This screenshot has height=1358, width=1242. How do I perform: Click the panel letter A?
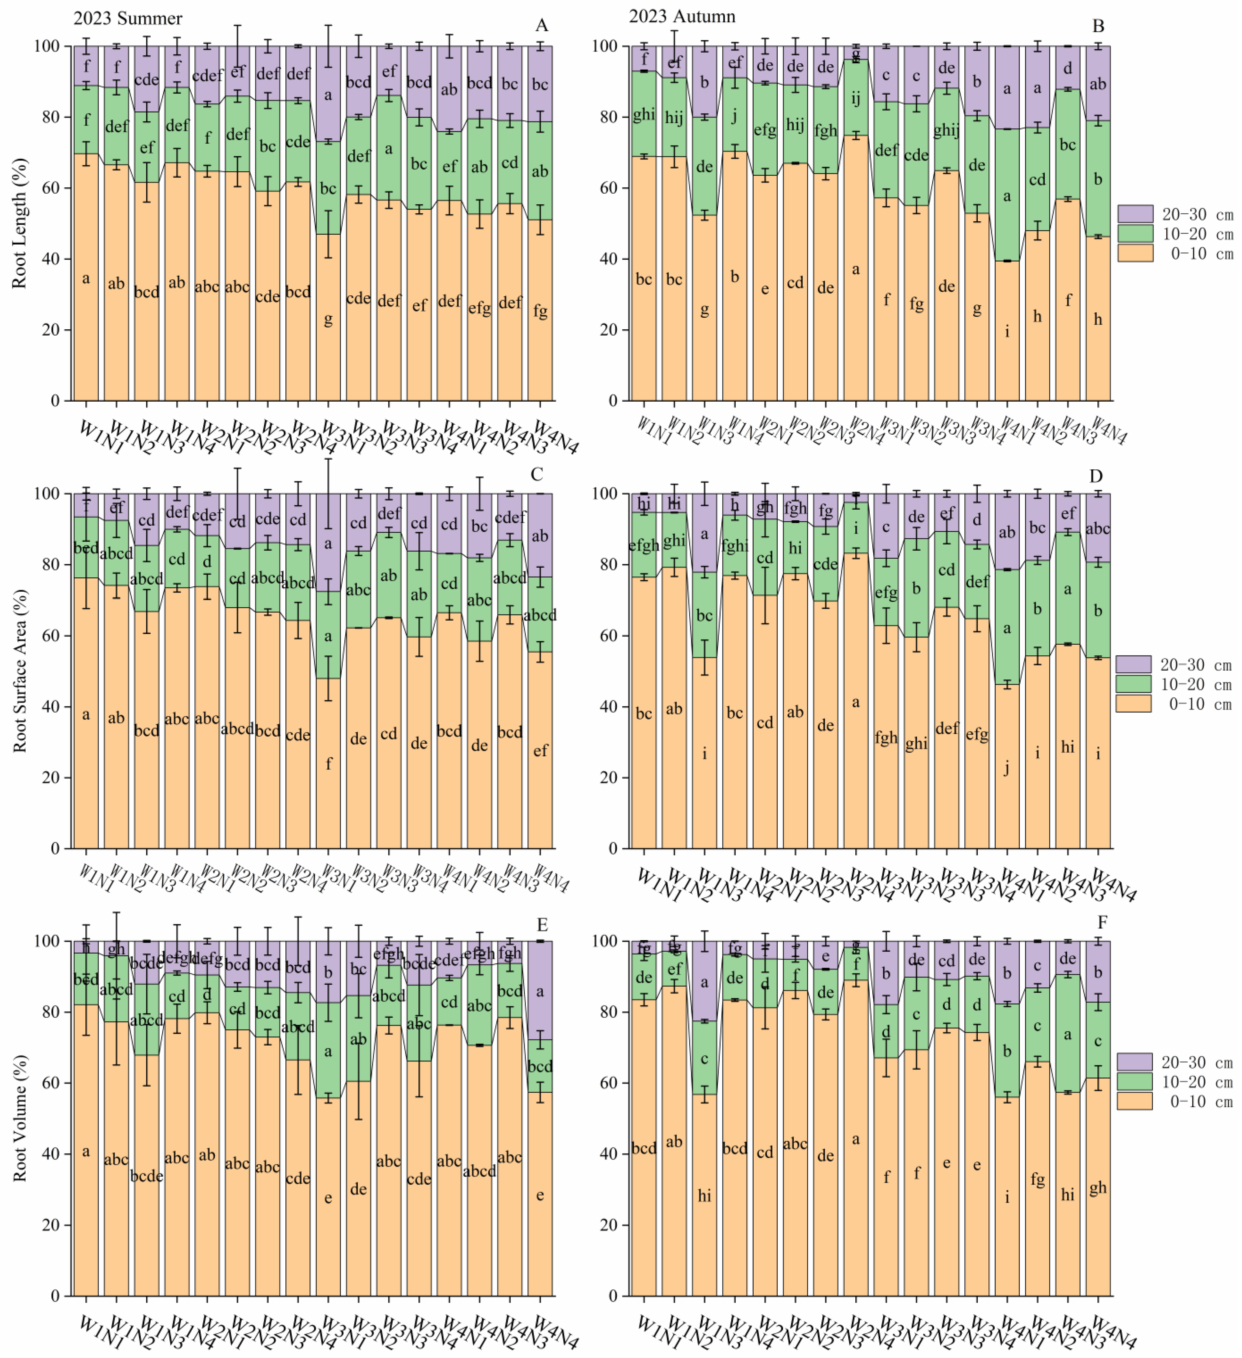[x=542, y=26]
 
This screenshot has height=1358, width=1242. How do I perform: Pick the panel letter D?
[x=1096, y=476]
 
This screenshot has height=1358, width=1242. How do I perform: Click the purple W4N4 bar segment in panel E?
[x=540, y=990]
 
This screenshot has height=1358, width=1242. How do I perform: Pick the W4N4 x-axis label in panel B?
[x=1109, y=431]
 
